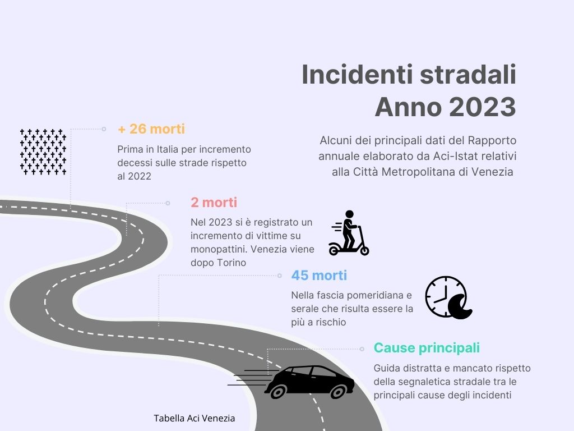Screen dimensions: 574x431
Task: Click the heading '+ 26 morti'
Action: (x=151, y=129)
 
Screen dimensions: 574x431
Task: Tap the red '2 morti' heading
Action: (x=214, y=202)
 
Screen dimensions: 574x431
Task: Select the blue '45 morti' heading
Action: (x=319, y=275)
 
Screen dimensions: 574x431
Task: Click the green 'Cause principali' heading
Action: (x=427, y=348)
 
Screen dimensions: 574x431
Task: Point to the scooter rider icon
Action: (x=349, y=233)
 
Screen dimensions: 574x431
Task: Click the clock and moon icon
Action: (x=449, y=297)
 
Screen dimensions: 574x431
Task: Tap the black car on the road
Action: (x=309, y=382)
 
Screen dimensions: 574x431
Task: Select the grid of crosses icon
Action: (x=43, y=152)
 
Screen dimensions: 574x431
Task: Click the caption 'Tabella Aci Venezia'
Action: (x=195, y=418)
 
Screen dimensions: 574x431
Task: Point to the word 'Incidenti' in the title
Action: (x=358, y=75)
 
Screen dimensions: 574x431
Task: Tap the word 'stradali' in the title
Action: (x=468, y=75)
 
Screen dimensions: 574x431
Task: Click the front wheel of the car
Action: (x=337, y=391)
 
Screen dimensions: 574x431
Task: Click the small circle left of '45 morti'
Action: (x=280, y=276)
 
